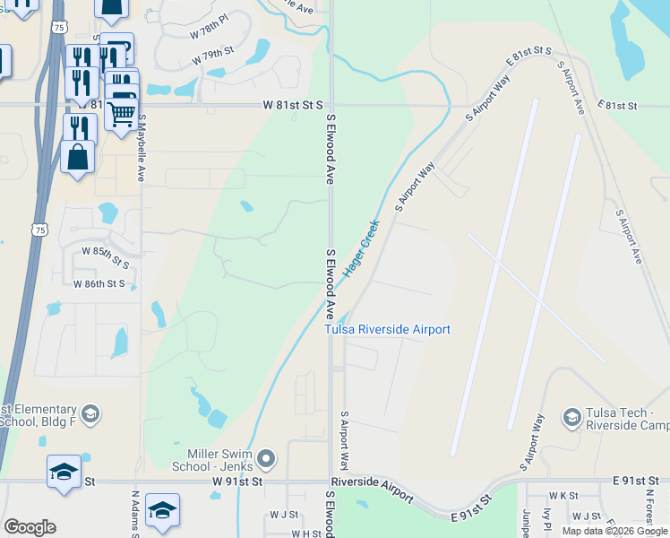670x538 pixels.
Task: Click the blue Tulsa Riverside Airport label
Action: click(x=387, y=329)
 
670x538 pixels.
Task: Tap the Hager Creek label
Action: click(x=362, y=247)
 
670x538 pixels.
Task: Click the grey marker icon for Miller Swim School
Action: click(x=266, y=460)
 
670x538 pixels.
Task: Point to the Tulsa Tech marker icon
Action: click(x=571, y=417)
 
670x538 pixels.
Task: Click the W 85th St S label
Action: click(x=106, y=254)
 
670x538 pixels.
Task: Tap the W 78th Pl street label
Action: click(x=210, y=30)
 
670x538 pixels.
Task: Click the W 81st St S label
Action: click(x=293, y=105)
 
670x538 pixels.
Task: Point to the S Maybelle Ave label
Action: click(x=141, y=152)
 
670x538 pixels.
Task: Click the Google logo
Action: click(x=30, y=527)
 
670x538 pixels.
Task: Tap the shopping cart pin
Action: click(x=122, y=113)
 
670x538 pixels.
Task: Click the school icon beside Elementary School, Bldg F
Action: click(x=90, y=413)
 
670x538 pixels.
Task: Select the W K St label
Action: click(x=563, y=495)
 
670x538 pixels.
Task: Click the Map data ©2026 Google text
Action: click(x=614, y=531)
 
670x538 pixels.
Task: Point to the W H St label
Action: click(x=306, y=534)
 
